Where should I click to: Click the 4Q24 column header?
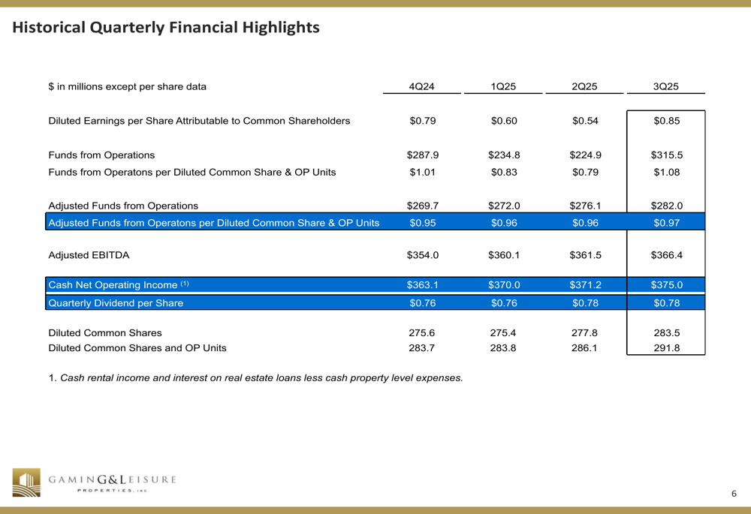click(422, 86)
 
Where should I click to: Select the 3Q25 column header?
click(665, 86)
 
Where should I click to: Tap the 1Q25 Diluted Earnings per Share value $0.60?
click(503, 121)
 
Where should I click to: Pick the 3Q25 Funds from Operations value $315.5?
click(665, 155)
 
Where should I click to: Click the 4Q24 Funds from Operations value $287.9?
click(422, 155)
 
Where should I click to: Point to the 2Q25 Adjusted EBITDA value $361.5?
click(584, 255)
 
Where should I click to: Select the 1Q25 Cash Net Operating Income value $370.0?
click(503, 285)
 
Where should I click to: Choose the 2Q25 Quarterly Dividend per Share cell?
click(584, 303)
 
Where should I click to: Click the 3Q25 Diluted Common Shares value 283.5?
click(665, 332)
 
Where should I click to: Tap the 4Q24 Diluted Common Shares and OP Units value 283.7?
click(422, 347)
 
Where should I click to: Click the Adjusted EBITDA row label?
click(89, 255)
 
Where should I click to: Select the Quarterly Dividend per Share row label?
click(116, 303)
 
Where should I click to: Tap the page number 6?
click(734, 493)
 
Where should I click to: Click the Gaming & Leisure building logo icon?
click(27, 482)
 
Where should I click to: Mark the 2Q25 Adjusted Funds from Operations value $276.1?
click(584, 205)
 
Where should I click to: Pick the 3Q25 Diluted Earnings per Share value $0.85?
click(665, 121)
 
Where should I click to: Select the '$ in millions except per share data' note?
click(127, 86)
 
